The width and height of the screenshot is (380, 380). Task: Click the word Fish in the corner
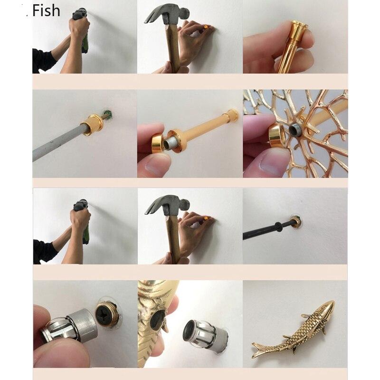[x=46, y=10]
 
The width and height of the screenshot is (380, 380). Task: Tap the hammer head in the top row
[x=167, y=14]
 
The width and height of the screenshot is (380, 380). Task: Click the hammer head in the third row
[x=167, y=205]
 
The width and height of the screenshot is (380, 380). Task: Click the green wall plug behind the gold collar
[x=108, y=114]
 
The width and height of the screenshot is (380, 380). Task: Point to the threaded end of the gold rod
[x=171, y=143]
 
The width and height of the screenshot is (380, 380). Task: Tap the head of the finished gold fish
[x=327, y=307]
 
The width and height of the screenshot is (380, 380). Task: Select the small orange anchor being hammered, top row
[x=206, y=27]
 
